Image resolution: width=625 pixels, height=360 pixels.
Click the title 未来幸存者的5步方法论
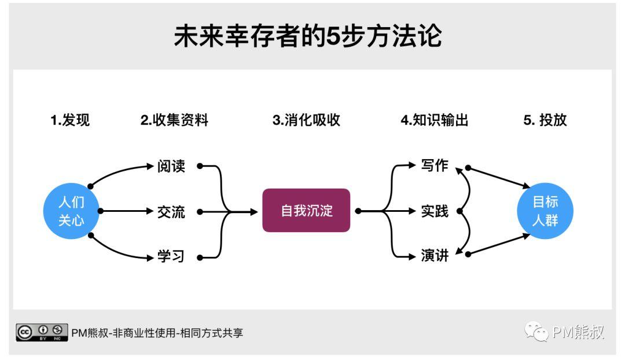307,36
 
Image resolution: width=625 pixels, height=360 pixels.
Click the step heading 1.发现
70,120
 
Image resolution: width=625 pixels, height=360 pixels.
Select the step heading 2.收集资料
174,120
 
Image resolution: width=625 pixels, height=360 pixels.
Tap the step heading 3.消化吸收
306,120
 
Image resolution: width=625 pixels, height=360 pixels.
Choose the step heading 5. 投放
545,120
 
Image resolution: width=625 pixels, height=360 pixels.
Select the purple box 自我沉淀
306,211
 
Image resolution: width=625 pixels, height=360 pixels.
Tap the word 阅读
171,166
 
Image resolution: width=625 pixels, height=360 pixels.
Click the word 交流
171,212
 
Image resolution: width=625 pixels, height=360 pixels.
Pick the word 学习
171,256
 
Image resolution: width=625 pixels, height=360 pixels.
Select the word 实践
435,212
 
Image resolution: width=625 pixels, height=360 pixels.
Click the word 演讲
435,255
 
